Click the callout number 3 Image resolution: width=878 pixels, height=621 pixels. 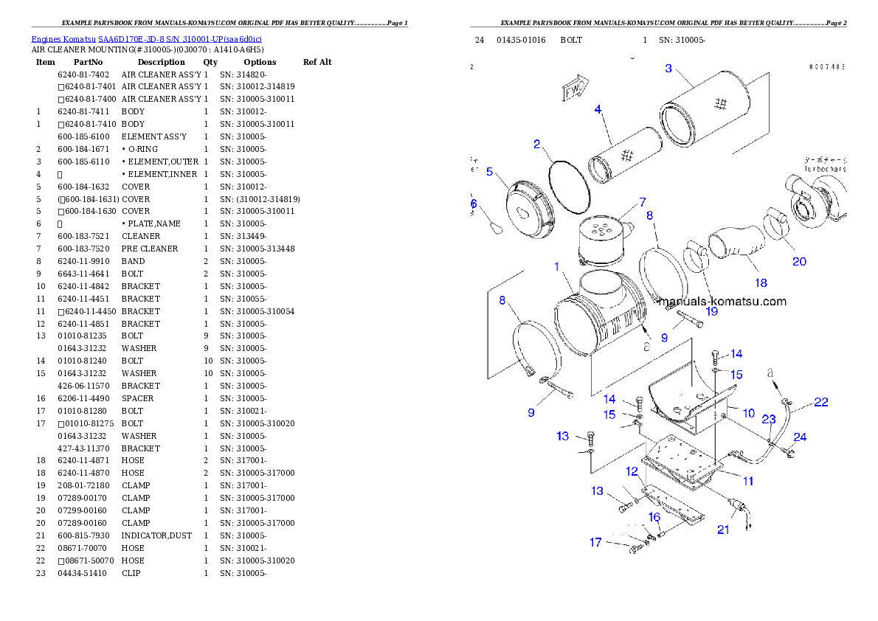pyautogui.click(x=668, y=69)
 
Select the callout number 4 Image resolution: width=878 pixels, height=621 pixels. pyautogui.click(x=598, y=109)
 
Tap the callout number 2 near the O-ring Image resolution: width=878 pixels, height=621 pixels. pyautogui.click(x=537, y=144)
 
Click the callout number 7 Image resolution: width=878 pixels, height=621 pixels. pyautogui.click(x=643, y=201)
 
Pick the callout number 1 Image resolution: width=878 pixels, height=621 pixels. pyautogui.click(x=556, y=266)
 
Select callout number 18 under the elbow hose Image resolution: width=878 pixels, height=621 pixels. pyautogui.click(x=761, y=282)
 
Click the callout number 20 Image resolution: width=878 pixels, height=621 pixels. pyautogui.click(x=799, y=261)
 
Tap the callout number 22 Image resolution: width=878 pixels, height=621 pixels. pyautogui.click(x=820, y=402)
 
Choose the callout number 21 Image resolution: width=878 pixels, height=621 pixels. pyautogui.click(x=723, y=530)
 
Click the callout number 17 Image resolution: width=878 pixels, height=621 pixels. pyautogui.click(x=595, y=543)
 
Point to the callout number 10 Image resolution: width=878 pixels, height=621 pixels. pyautogui.click(x=748, y=413)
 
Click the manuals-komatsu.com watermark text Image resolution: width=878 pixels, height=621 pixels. pyautogui.click(x=722, y=301)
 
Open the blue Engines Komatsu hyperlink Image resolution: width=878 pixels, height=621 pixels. pyautogui.click(x=146, y=39)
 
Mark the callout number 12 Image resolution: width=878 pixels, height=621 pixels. pyautogui.click(x=632, y=471)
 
